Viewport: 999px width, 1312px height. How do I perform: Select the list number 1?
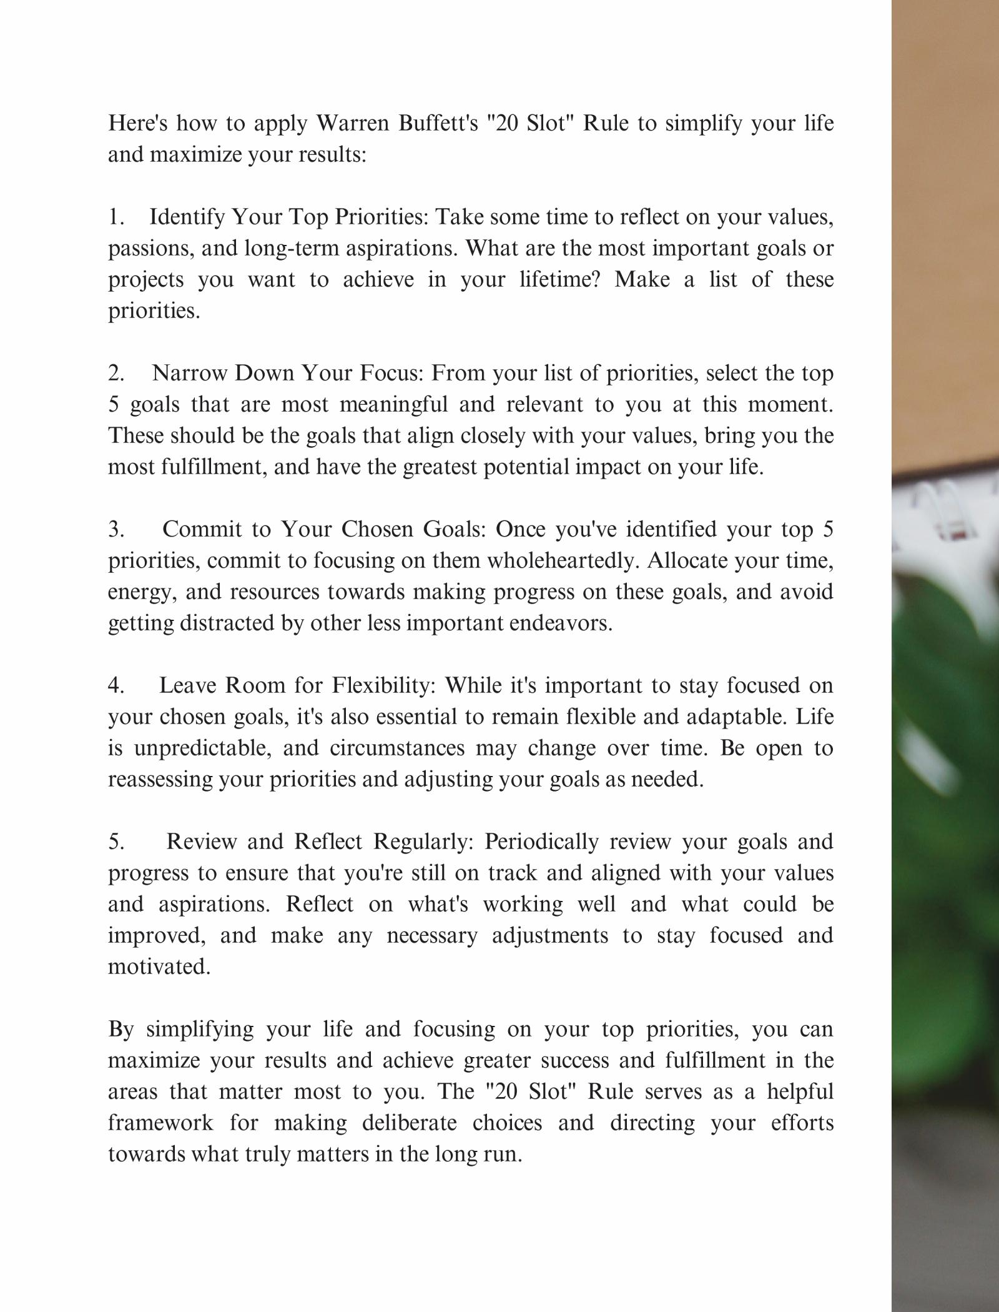click(x=116, y=217)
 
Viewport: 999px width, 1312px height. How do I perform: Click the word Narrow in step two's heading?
click(x=188, y=373)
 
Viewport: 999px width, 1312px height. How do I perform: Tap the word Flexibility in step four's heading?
click(x=383, y=685)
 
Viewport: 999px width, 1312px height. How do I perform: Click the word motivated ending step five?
click(x=159, y=967)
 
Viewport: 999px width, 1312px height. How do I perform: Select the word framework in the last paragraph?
click(x=160, y=1123)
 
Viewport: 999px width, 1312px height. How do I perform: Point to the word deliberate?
click(x=409, y=1123)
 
